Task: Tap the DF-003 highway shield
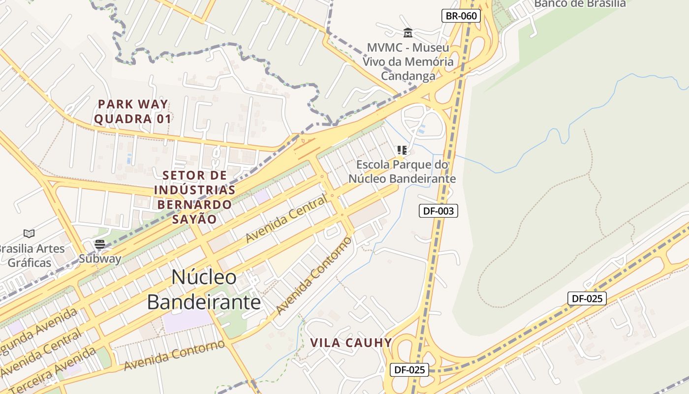click(x=438, y=211)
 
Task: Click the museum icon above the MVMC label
click(x=408, y=33)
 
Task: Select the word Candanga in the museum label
click(x=408, y=76)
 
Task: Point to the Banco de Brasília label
click(x=580, y=4)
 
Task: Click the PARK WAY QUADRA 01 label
click(x=133, y=112)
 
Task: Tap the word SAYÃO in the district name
click(x=195, y=219)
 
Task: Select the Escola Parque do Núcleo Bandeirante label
click(x=402, y=171)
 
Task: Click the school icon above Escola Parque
click(x=402, y=150)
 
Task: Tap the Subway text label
click(x=100, y=259)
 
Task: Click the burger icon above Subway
click(x=100, y=244)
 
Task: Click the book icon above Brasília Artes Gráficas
click(x=29, y=233)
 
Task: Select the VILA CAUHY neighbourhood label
click(x=351, y=343)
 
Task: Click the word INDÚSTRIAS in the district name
click(x=194, y=190)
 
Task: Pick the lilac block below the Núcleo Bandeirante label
click(x=187, y=320)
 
